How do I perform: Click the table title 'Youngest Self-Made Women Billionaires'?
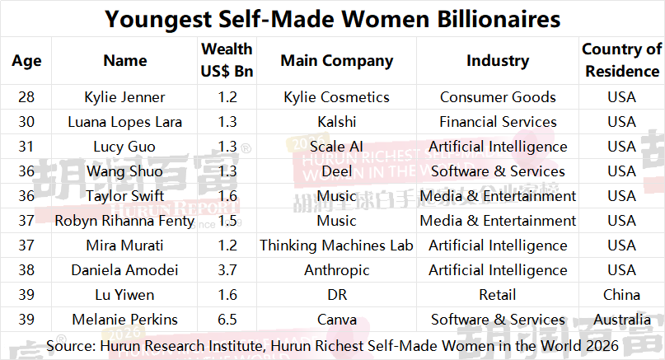coord(332,18)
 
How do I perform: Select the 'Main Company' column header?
coord(336,60)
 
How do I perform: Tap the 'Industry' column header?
coord(497,60)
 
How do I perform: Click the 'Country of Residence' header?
coord(621,60)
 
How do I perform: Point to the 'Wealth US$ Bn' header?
coord(227,60)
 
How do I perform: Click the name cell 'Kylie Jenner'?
coord(124,97)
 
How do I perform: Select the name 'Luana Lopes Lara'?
coord(124,122)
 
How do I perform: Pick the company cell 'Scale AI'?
coord(336,147)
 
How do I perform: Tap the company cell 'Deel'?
coord(336,171)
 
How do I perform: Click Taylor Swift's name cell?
coord(124,196)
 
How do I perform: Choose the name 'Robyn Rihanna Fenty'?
coord(124,221)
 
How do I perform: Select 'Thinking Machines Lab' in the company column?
coord(336,245)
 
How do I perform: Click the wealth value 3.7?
coord(227,270)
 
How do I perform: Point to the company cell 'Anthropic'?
coord(336,270)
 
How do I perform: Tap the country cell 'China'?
coord(621,295)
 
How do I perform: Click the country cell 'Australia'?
coord(621,320)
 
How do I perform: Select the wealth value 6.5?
coord(227,320)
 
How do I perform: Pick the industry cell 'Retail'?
coord(497,295)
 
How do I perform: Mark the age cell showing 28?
coord(26,97)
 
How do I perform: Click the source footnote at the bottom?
coord(332,344)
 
